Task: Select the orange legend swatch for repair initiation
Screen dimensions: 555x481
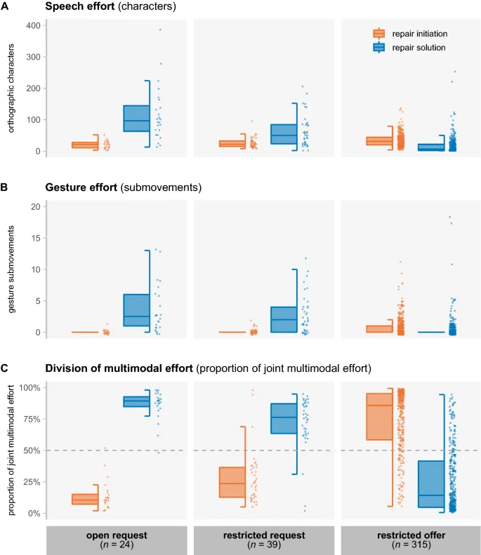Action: click(x=379, y=33)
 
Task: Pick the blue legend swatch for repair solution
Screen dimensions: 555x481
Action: click(x=379, y=48)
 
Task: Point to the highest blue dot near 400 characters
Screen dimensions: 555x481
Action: click(x=160, y=29)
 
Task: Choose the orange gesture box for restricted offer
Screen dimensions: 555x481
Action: click(x=380, y=328)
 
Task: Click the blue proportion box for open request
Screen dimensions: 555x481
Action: click(x=136, y=401)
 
